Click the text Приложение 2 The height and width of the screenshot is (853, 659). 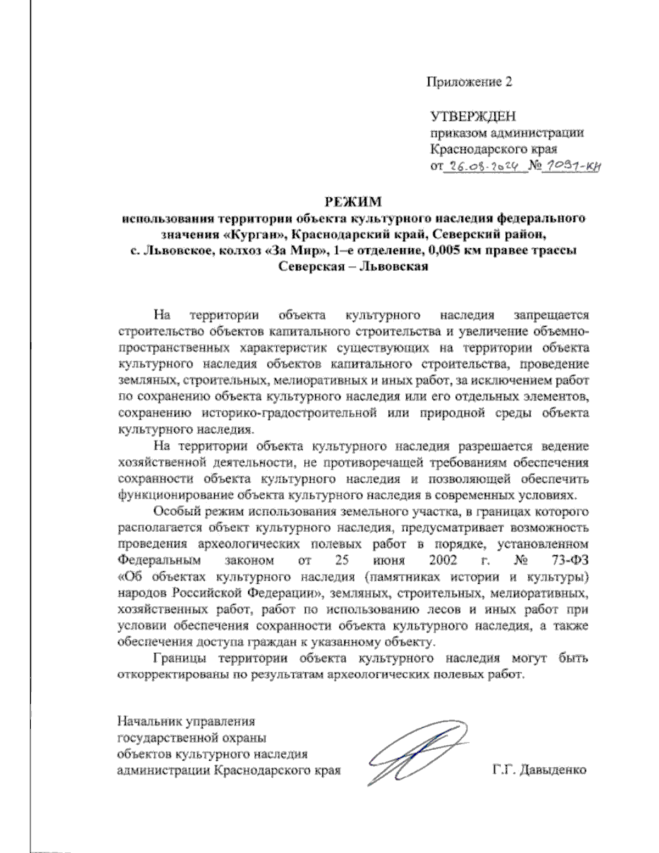470,82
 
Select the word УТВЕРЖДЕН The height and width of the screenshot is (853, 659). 473,117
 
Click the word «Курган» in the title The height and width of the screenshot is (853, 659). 258,235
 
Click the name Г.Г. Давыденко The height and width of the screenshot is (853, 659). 539,770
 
